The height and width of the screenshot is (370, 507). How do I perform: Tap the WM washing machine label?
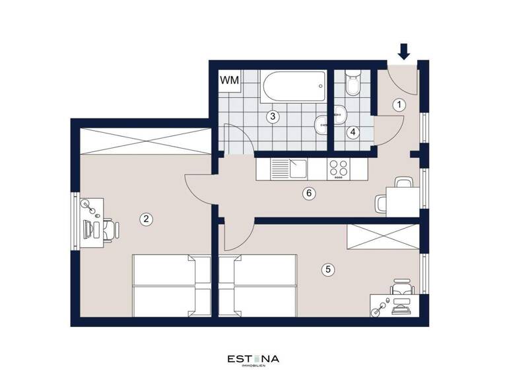[229, 81]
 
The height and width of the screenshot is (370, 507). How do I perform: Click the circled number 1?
[398, 104]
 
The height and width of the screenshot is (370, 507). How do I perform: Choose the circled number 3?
[271, 117]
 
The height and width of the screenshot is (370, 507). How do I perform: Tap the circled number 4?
[353, 132]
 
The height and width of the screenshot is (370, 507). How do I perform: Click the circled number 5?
[326, 269]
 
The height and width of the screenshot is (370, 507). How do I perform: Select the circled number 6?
[307, 194]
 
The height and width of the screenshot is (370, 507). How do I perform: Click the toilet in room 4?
[353, 85]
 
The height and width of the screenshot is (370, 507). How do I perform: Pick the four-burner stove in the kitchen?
[339, 169]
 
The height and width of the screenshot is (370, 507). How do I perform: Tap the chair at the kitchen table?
[382, 202]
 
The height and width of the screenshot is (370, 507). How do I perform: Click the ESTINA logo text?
[253, 359]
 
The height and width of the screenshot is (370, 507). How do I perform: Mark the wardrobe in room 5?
[382, 237]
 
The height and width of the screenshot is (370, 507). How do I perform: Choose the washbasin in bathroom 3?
[321, 122]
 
